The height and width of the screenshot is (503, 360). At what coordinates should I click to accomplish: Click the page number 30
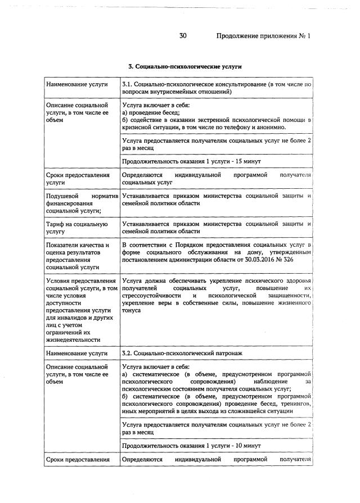183,36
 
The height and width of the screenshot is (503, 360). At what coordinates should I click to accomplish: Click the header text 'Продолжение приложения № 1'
263,36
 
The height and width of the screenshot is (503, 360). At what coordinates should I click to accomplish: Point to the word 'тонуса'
132,311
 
